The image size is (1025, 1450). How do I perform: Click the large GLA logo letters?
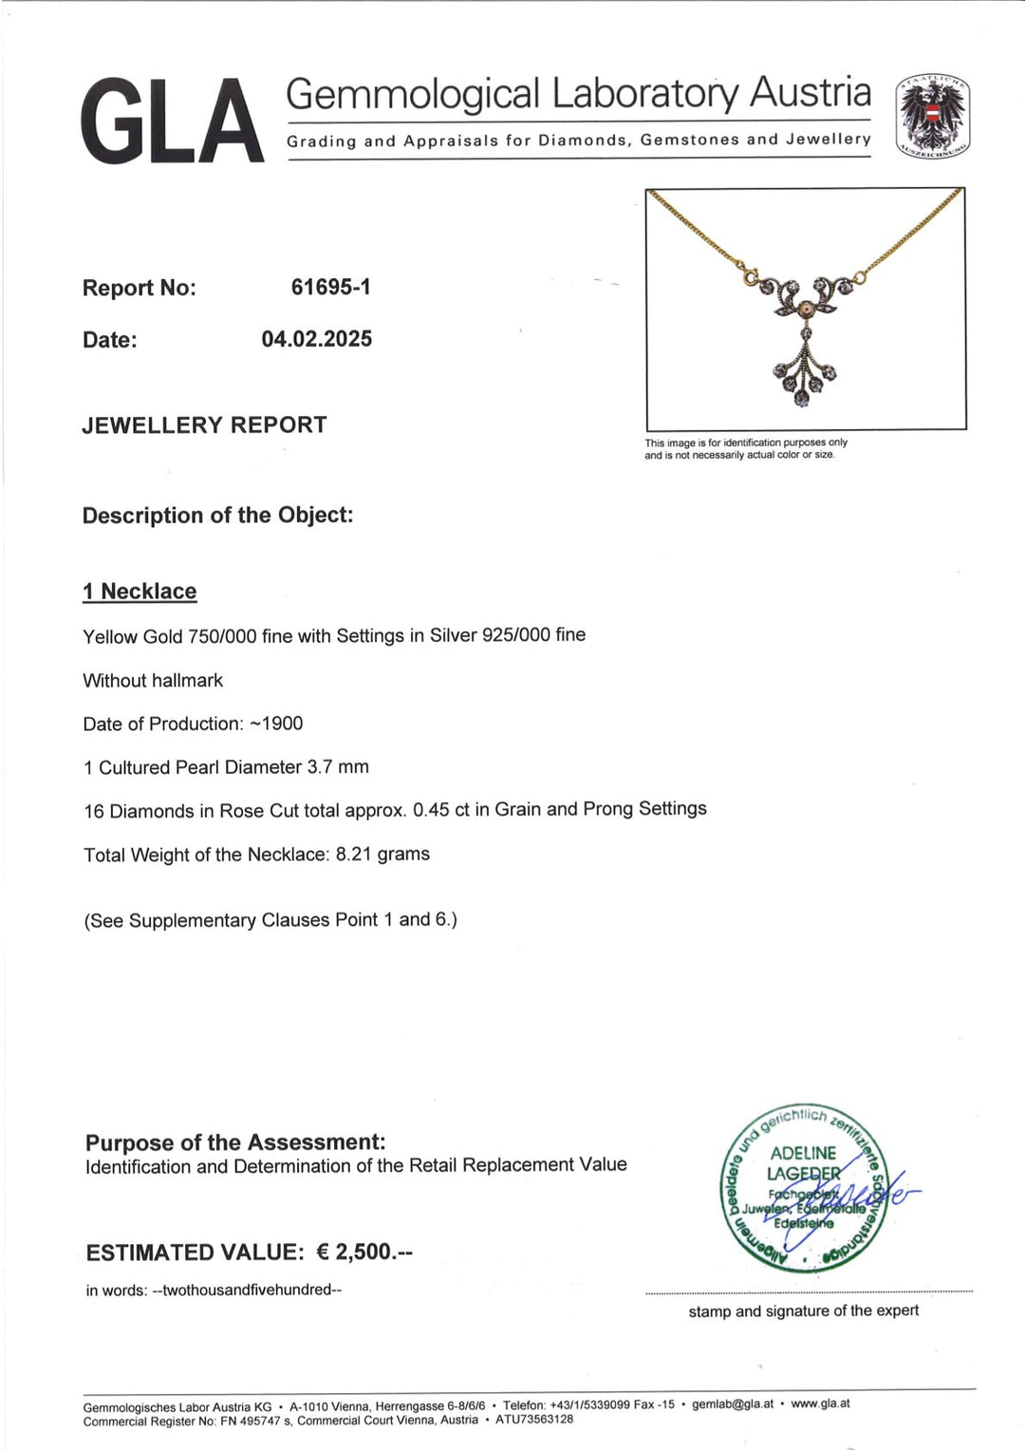tap(172, 122)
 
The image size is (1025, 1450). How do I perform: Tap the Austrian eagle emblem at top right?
tap(933, 116)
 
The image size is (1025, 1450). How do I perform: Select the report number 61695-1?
tap(330, 287)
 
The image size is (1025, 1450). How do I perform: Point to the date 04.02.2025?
tap(317, 339)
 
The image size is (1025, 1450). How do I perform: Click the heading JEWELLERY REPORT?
tap(204, 424)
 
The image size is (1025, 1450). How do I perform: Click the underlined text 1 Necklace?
tap(140, 592)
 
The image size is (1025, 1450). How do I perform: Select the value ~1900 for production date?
tap(276, 724)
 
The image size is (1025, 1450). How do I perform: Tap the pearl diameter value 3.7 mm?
tap(338, 766)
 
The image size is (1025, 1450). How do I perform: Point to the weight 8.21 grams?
tap(382, 854)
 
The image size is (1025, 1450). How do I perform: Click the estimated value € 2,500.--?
tap(364, 1252)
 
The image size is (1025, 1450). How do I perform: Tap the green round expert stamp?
tap(804, 1189)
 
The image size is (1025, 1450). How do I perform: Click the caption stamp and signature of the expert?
tap(804, 1310)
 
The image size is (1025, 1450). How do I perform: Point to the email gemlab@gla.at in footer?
tap(733, 1403)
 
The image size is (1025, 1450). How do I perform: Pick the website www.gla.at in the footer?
tap(820, 1403)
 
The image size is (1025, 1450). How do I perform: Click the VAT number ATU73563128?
tap(534, 1420)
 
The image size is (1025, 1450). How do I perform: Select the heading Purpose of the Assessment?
tap(235, 1141)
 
